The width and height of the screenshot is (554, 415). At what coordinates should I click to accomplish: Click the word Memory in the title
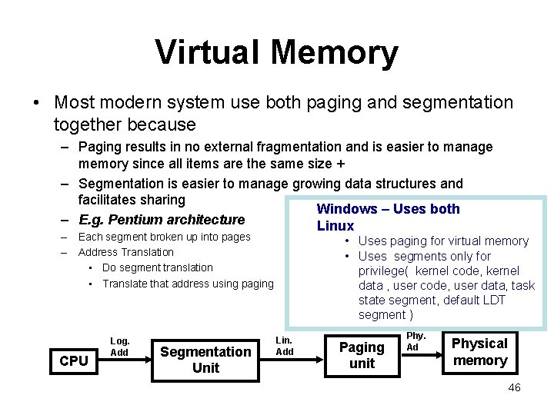click(334, 52)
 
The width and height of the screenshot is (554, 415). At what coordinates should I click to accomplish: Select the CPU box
click(74, 360)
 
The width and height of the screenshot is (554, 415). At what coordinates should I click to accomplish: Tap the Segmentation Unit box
click(205, 360)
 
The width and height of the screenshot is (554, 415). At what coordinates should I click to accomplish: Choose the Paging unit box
click(362, 355)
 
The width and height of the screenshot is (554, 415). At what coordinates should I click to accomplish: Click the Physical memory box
click(479, 352)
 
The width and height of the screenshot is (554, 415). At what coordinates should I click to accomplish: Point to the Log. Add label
click(120, 347)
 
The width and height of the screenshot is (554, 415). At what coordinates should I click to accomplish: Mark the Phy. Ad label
click(415, 341)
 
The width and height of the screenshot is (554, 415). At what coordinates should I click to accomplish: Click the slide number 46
click(514, 387)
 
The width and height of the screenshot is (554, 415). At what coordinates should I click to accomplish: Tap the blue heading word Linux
click(335, 226)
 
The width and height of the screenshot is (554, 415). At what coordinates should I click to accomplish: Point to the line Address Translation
click(126, 252)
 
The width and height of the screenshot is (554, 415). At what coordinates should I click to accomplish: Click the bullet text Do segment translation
click(157, 267)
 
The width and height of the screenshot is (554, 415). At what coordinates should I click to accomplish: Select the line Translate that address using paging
click(188, 284)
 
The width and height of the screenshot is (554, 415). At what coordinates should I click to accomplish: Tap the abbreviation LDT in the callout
click(492, 300)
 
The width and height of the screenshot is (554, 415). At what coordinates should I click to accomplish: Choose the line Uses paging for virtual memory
click(443, 241)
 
